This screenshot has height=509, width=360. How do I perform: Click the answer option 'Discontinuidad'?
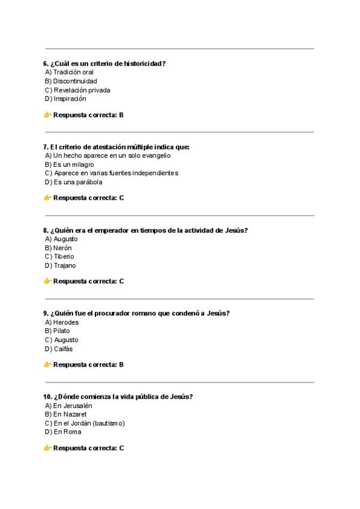74,81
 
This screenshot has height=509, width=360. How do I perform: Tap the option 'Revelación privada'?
82,90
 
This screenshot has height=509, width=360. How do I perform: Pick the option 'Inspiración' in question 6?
70,98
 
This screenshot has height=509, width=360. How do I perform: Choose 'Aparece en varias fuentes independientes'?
115,173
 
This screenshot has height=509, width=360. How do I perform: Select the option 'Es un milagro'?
73,164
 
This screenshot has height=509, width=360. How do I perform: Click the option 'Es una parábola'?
77,182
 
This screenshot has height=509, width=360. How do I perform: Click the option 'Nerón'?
62,248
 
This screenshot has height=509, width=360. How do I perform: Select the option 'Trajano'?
65,265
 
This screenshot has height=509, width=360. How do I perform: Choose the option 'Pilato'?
61,331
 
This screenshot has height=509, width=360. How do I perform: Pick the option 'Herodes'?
66,322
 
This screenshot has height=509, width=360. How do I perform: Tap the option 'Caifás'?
63,349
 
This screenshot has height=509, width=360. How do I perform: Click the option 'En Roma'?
67,432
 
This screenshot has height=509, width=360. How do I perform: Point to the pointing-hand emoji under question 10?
47,448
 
